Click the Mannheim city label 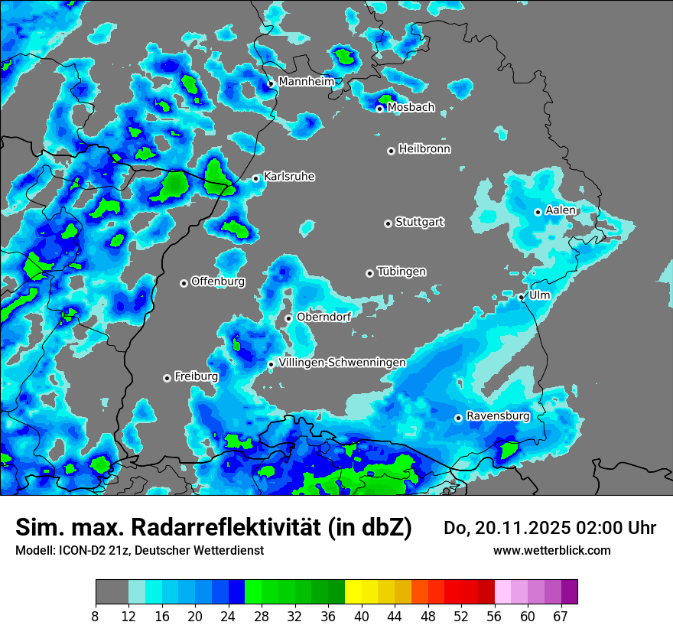point(307,81)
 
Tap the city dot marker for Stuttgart point(388,223)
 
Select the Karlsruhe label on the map point(289,177)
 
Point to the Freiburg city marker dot point(167,378)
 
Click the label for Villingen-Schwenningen point(342,363)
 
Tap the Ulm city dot point(522,297)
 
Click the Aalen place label point(561,210)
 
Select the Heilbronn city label point(424,149)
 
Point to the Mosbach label point(411,108)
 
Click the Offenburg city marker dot point(184,283)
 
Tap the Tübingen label point(402,272)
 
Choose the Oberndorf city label point(323,317)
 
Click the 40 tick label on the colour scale point(362,616)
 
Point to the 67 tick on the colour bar point(561,616)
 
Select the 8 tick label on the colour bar point(96,616)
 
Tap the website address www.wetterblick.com point(551,550)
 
